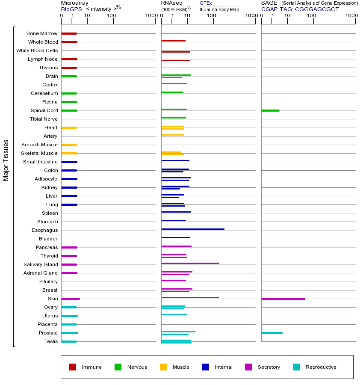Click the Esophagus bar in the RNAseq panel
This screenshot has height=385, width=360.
[192, 229]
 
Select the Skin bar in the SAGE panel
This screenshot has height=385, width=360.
[283, 299]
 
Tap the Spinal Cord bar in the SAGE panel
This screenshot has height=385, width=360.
[270, 110]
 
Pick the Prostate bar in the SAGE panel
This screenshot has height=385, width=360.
[271, 333]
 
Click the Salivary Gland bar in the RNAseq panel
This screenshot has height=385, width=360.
[190, 264]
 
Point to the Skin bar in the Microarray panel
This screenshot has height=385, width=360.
[71, 299]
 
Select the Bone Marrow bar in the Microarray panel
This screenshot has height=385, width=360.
[69, 33]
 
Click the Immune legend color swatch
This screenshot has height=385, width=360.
[73, 367]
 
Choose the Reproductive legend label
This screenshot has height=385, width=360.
[321, 367]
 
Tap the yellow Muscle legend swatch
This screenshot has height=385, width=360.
[163, 367]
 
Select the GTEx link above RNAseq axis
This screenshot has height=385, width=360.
[206, 3]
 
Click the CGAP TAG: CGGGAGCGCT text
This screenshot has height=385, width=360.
[300, 9]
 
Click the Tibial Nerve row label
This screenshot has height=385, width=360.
[44, 119]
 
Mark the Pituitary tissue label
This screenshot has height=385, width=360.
[48, 281]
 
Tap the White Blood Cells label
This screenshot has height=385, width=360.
[37, 50]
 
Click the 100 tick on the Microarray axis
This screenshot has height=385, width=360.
[112, 16]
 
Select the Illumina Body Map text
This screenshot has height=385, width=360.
[219, 9]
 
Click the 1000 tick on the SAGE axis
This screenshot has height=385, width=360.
[351, 16]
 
